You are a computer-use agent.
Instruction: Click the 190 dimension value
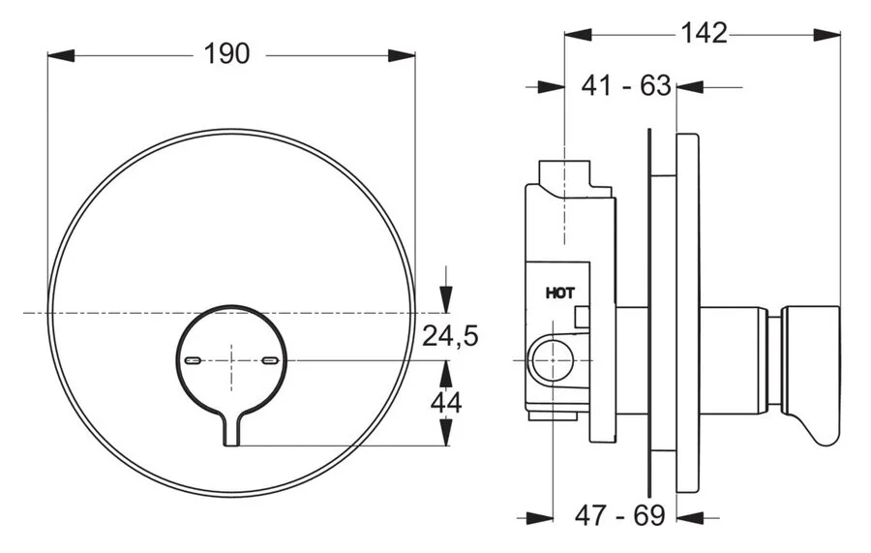pos(226,54)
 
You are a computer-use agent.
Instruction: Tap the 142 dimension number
pos(704,33)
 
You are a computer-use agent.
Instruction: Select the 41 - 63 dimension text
pos(626,86)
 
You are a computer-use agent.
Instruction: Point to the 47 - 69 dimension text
pos(620,515)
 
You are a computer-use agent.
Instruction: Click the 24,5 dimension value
pos(452,336)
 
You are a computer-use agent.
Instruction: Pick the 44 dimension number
pos(446,402)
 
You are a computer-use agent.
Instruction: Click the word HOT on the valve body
pos(560,291)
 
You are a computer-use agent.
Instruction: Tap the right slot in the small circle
pos(270,360)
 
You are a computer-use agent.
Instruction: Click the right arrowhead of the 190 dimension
pos(405,54)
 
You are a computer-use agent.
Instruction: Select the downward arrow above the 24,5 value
pos(445,294)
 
